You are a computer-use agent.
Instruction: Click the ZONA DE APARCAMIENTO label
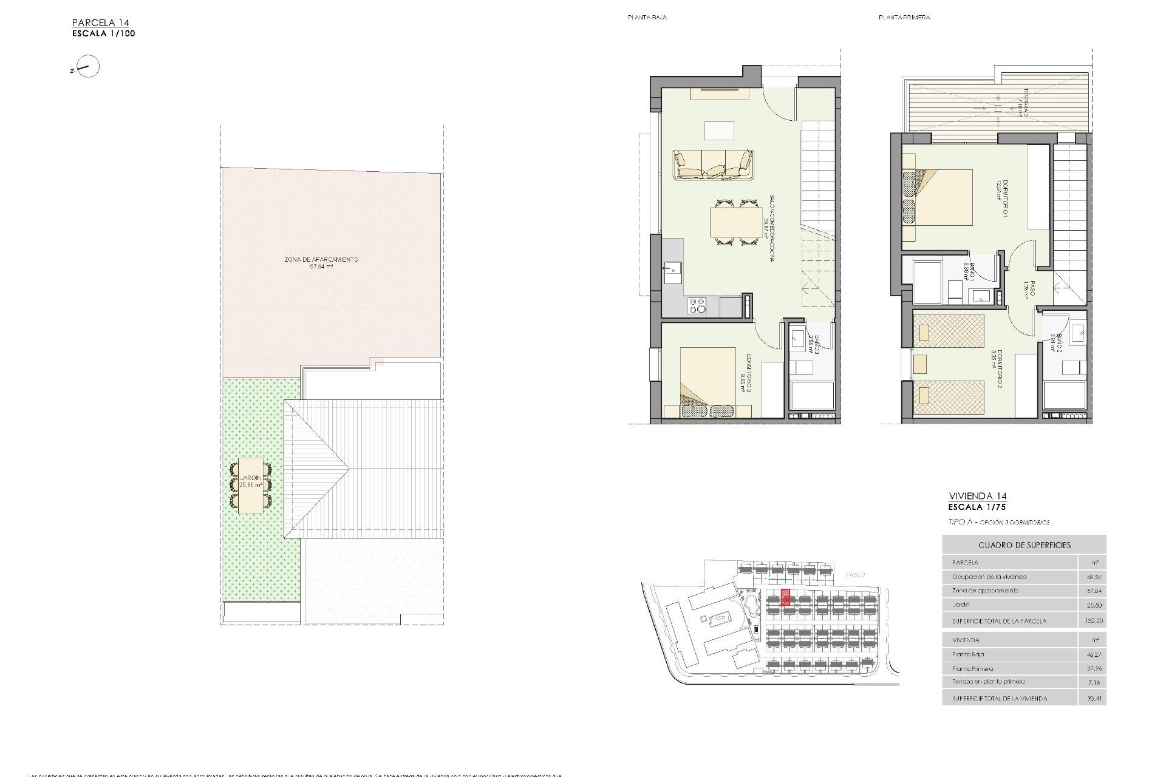[x=321, y=260]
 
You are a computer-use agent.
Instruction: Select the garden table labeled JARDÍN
[x=251, y=486]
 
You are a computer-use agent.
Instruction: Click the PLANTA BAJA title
[x=647, y=18]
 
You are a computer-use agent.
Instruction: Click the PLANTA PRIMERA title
[x=904, y=18]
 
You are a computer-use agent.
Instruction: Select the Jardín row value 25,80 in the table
[x=1093, y=605]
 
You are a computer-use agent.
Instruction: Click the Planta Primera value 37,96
[x=1093, y=668]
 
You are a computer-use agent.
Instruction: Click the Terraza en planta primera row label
[x=980, y=682]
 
